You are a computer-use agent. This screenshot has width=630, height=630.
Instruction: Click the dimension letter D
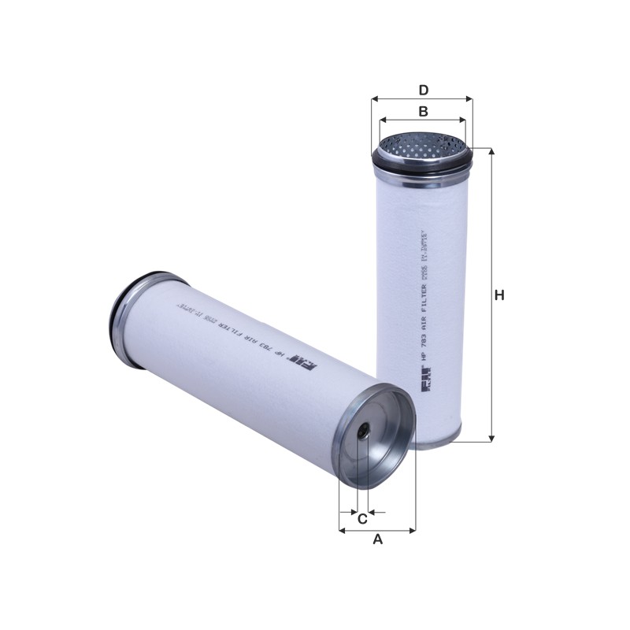[x=423, y=90]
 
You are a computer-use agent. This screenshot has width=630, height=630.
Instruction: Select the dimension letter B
[x=423, y=112]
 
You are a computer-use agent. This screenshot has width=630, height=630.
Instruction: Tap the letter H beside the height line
[x=498, y=295]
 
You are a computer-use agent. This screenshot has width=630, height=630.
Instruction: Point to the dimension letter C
[x=362, y=519]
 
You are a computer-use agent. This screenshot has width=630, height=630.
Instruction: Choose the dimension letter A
[x=377, y=539]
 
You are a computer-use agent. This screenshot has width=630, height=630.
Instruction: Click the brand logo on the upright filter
[x=422, y=389]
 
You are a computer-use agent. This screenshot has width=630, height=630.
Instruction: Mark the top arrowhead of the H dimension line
[x=492, y=152]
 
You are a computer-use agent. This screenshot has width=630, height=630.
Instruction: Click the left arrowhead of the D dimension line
[x=374, y=100]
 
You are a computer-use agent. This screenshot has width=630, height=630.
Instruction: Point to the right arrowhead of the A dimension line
[x=412, y=530]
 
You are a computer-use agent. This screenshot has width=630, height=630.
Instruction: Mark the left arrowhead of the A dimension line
[x=343, y=530]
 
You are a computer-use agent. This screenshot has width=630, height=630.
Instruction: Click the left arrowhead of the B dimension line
[x=383, y=121]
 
